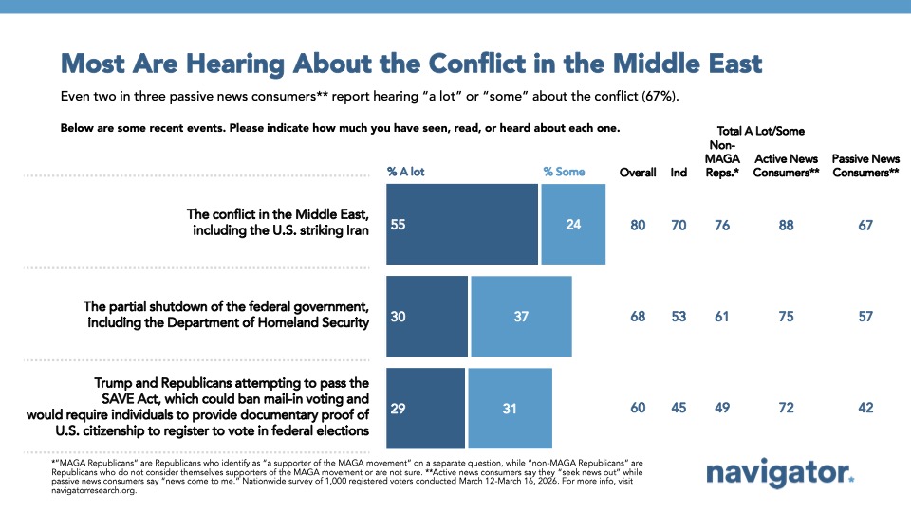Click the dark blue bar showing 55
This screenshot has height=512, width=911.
[461, 225]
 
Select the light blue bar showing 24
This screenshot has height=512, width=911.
[573, 225]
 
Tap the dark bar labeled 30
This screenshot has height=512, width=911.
[426, 316]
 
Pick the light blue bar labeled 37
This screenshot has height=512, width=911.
[521, 316]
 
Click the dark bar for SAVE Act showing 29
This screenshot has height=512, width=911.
[425, 408]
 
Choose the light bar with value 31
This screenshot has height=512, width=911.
[509, 408]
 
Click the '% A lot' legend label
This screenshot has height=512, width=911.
[405, 172]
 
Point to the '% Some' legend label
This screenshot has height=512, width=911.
[564, 172]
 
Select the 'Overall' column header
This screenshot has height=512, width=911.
[638, 173]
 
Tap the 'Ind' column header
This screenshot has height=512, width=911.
[679, 173]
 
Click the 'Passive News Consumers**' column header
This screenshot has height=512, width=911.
[865, 166]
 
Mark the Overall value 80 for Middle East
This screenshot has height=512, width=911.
[638, 225]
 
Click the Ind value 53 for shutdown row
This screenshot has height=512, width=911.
[679, 316]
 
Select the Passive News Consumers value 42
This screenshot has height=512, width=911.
[865, 408]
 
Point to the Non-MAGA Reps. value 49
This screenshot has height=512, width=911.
[722, 408]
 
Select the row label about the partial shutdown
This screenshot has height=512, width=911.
[225, 315]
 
